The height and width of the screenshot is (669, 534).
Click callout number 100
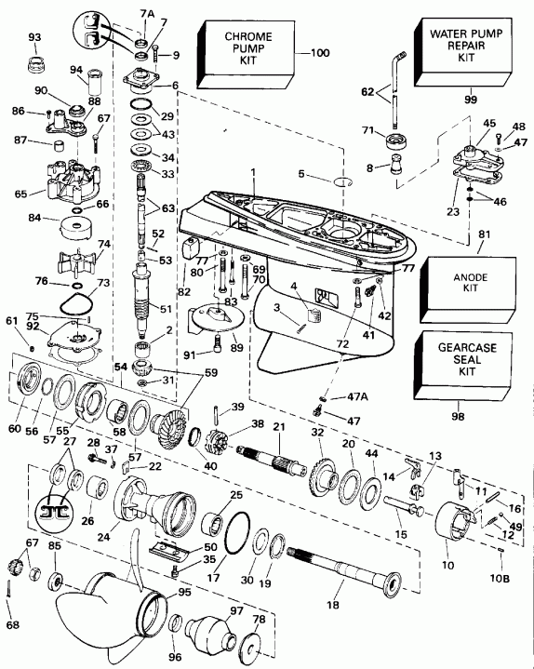coord(319,54)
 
